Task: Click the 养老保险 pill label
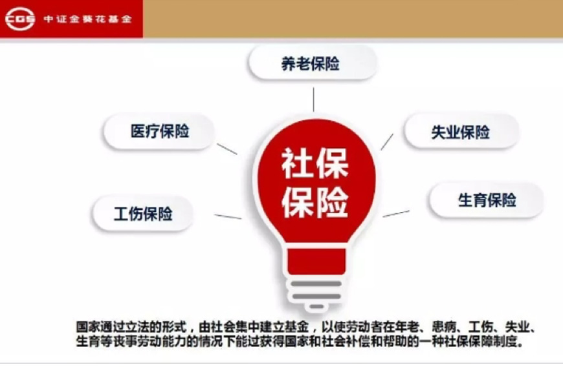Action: tap(313, 63)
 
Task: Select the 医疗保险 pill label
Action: tap(159, 131)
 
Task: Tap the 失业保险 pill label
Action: tap(461, 132)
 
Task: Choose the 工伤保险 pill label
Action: tap(143, 214)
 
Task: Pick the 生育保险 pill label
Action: tap(487, 200)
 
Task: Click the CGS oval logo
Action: tap(20, 19)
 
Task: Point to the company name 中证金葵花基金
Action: tap(87, 19)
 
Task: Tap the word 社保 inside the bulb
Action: tap(315, 163)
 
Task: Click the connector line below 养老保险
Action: tap(313, 99)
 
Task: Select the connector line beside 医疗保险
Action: tap(227, 149)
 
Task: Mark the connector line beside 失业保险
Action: tap(387, 142)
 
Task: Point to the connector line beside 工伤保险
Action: tap(228, 216)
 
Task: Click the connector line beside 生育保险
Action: tap(395, 214)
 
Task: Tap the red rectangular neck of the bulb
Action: tap(316, 261)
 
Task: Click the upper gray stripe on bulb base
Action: tap(316, 284)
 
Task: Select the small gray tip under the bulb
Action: tap(316, 306)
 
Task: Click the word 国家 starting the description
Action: tap(88, 327)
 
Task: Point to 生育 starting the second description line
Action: tap(88, 341)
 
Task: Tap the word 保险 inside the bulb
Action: tap(315, 202)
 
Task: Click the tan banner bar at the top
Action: tap(353, 19)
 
